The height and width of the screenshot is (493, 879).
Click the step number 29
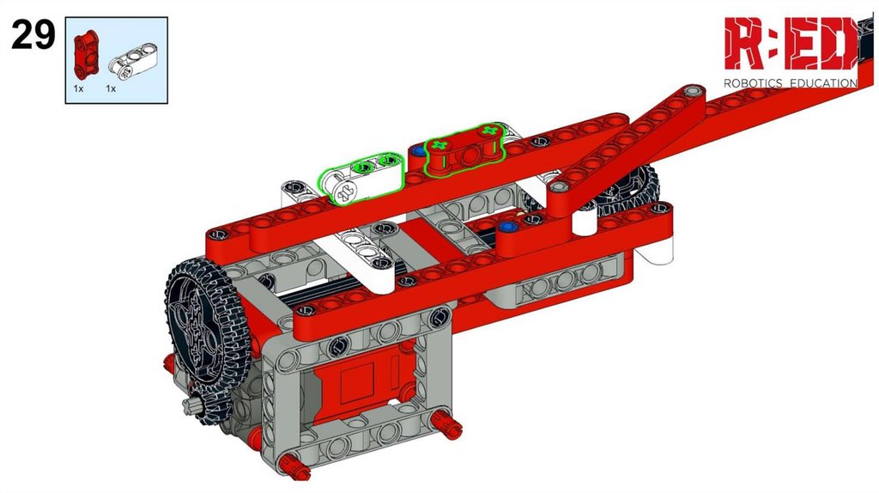tap(33, 34)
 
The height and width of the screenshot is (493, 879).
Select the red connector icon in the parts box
tap(86, 55)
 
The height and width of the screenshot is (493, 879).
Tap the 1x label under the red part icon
tap(78, 88)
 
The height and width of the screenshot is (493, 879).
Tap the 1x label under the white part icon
tap(111, 88)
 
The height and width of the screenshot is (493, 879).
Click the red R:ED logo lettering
tap(791, 43)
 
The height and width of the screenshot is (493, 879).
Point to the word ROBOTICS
tap(753, 83)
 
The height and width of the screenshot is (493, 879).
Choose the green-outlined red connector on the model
tap(464, 149)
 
